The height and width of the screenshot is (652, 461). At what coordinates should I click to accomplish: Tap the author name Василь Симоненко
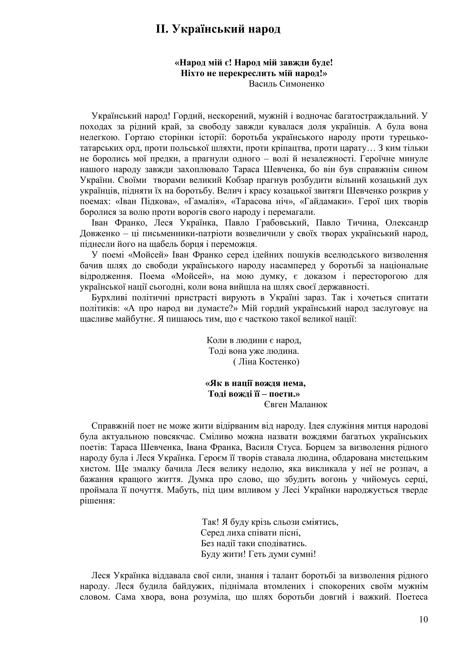pos(286,84)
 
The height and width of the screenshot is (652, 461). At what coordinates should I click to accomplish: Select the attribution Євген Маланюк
pos(296,404)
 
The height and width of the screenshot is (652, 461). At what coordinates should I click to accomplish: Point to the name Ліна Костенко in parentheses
pos(267,362)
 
